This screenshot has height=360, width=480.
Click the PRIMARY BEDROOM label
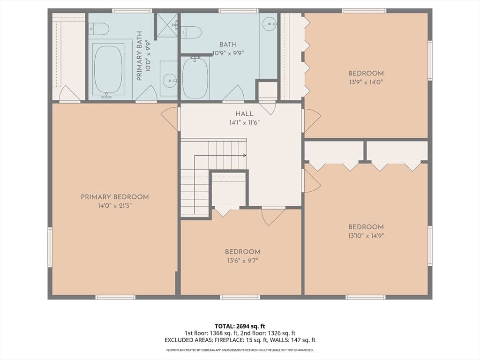(x=115, y=197)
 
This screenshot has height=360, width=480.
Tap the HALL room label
(x=244, y=114)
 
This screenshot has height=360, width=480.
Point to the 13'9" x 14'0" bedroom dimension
(x=366, y=82)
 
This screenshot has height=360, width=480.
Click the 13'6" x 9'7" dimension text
(x=242, y=261)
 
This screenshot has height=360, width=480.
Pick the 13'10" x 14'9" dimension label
(x=366, y=236)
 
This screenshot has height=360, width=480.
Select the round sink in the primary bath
(x=169, y=81)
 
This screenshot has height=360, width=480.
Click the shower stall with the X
(x=167, y=25)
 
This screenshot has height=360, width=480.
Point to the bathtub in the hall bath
(x=195, y=78)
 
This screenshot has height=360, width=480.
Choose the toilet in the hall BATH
(x=191, y=32)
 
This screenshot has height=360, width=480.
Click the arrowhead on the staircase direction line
(x=244, y=156)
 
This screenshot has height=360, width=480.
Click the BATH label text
(x=228, y=45)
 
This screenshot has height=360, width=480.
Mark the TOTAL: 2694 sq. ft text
(x=240, y=326)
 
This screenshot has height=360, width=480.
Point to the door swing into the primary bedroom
(x=169, y=119)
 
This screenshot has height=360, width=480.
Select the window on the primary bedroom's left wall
(x=50, y=247)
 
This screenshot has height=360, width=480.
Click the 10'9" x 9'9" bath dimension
(x=228, y=53)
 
